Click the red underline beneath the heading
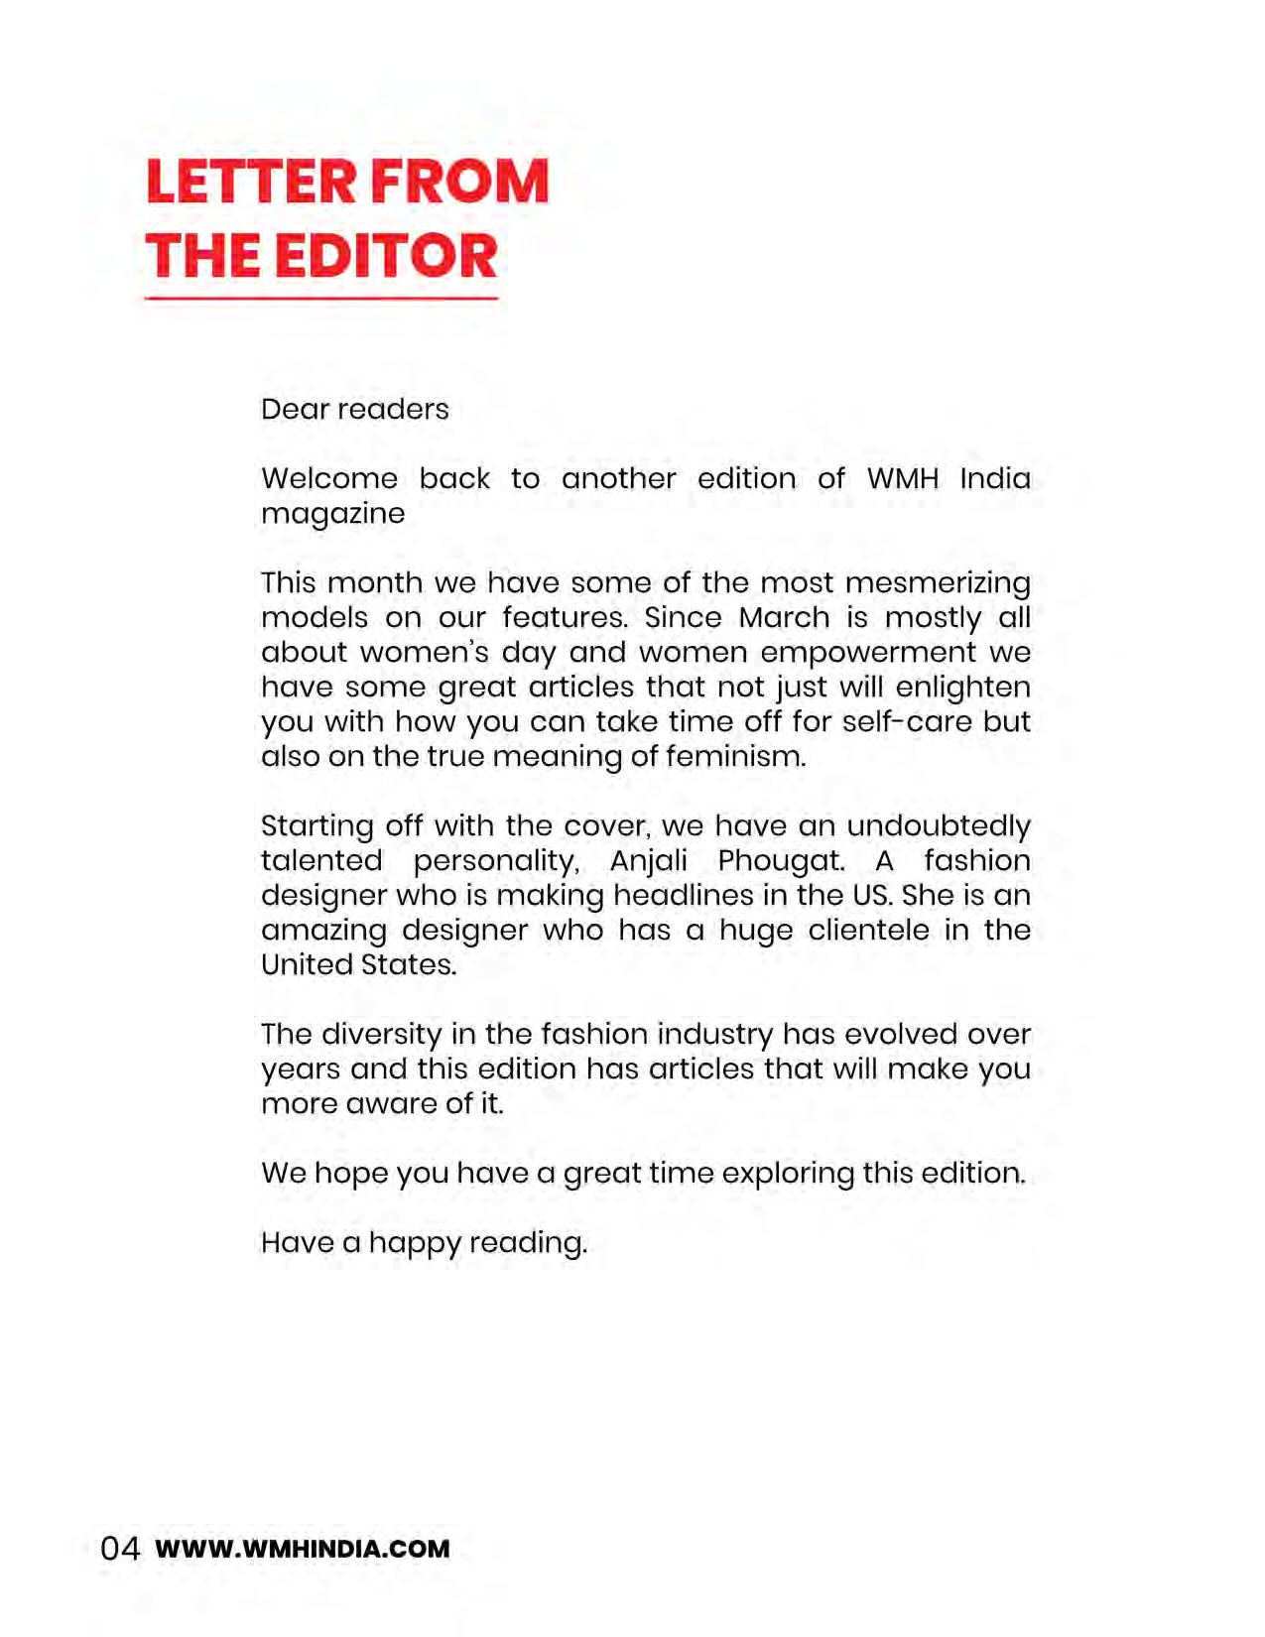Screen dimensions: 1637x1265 point(320,298)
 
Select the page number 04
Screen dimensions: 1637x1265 point(120,1549)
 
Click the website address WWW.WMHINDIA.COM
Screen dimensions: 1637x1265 point(303,1549)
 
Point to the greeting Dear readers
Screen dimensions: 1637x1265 point(354,409)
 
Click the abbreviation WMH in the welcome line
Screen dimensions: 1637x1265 point(902,478)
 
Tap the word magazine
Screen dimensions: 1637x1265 point(332,514)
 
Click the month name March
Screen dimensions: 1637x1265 point(784,617)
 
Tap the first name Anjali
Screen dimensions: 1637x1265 point(648,861)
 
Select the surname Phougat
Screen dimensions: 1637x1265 point(781,861)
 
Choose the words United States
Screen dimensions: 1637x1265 point(358,964)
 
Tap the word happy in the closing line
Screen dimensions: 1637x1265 point(414,1243)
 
